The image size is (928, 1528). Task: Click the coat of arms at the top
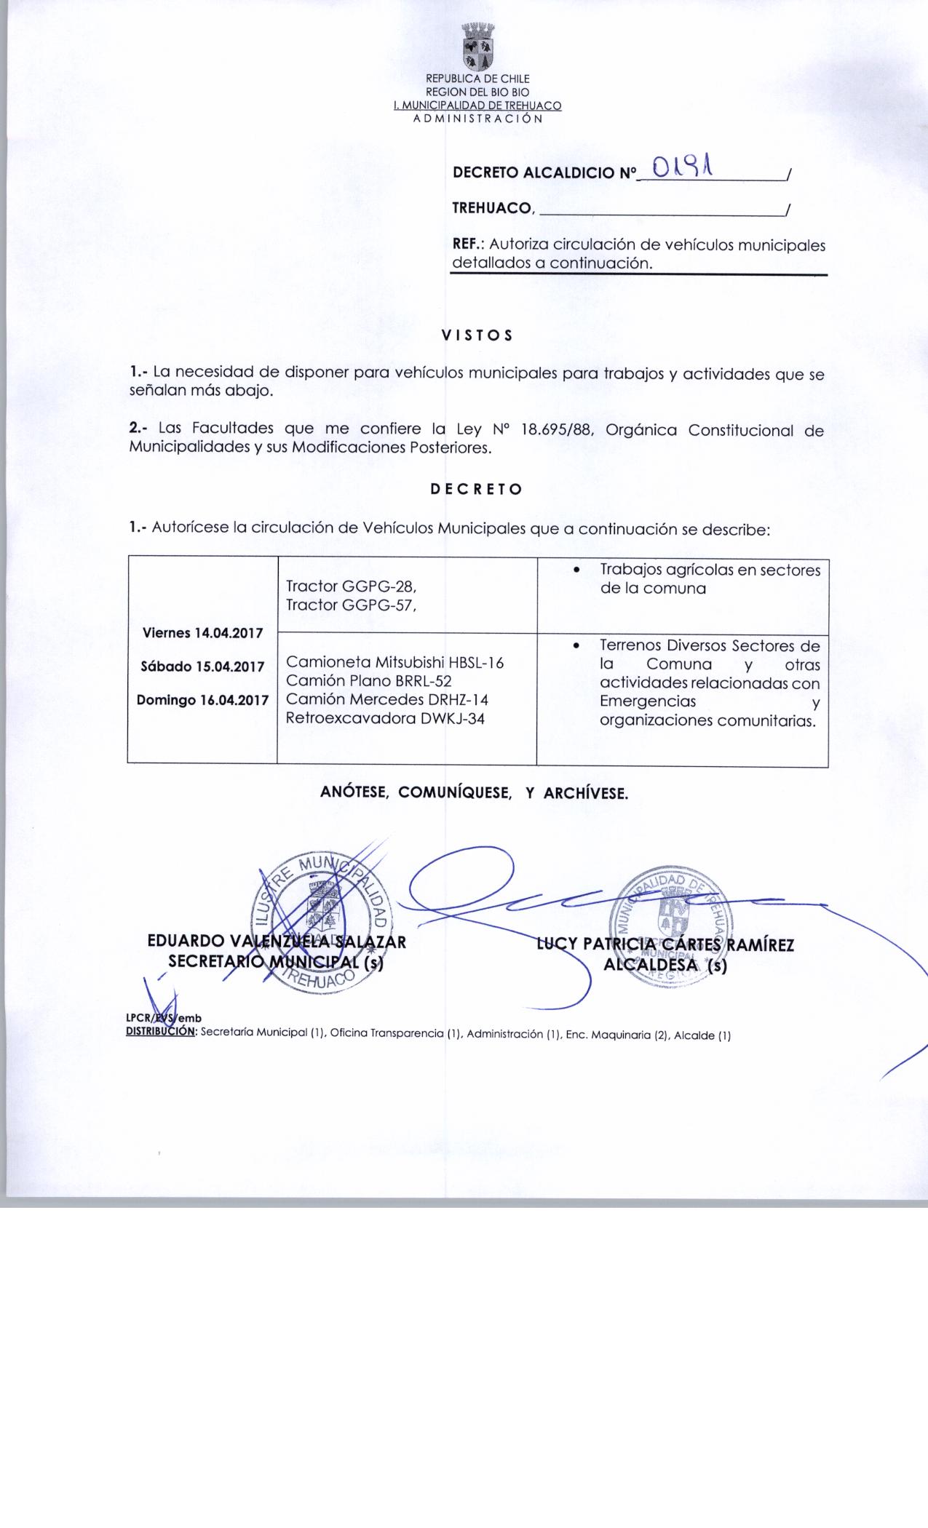pos(477,45)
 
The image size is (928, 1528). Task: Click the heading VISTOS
pos(477,335)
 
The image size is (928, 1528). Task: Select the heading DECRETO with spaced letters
pos(476,489)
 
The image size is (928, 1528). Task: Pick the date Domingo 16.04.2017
pos(203,700)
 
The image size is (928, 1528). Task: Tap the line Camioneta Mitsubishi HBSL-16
pos(394,662)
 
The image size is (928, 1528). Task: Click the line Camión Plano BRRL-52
pos(368,681)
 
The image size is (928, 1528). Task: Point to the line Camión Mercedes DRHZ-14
pos(386,700)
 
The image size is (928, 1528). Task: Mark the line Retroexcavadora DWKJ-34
pos(385,719)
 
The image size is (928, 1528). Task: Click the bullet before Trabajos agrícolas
pos(576,570)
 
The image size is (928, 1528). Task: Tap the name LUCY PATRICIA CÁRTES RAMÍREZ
pos(665,945)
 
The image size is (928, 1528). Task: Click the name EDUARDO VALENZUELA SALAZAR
pos(277,942)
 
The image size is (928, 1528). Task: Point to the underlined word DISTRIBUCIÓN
pos(161,1031)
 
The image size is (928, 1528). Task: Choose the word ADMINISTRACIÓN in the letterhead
pos(477,119)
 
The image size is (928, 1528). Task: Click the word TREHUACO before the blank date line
pos(493,208)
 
